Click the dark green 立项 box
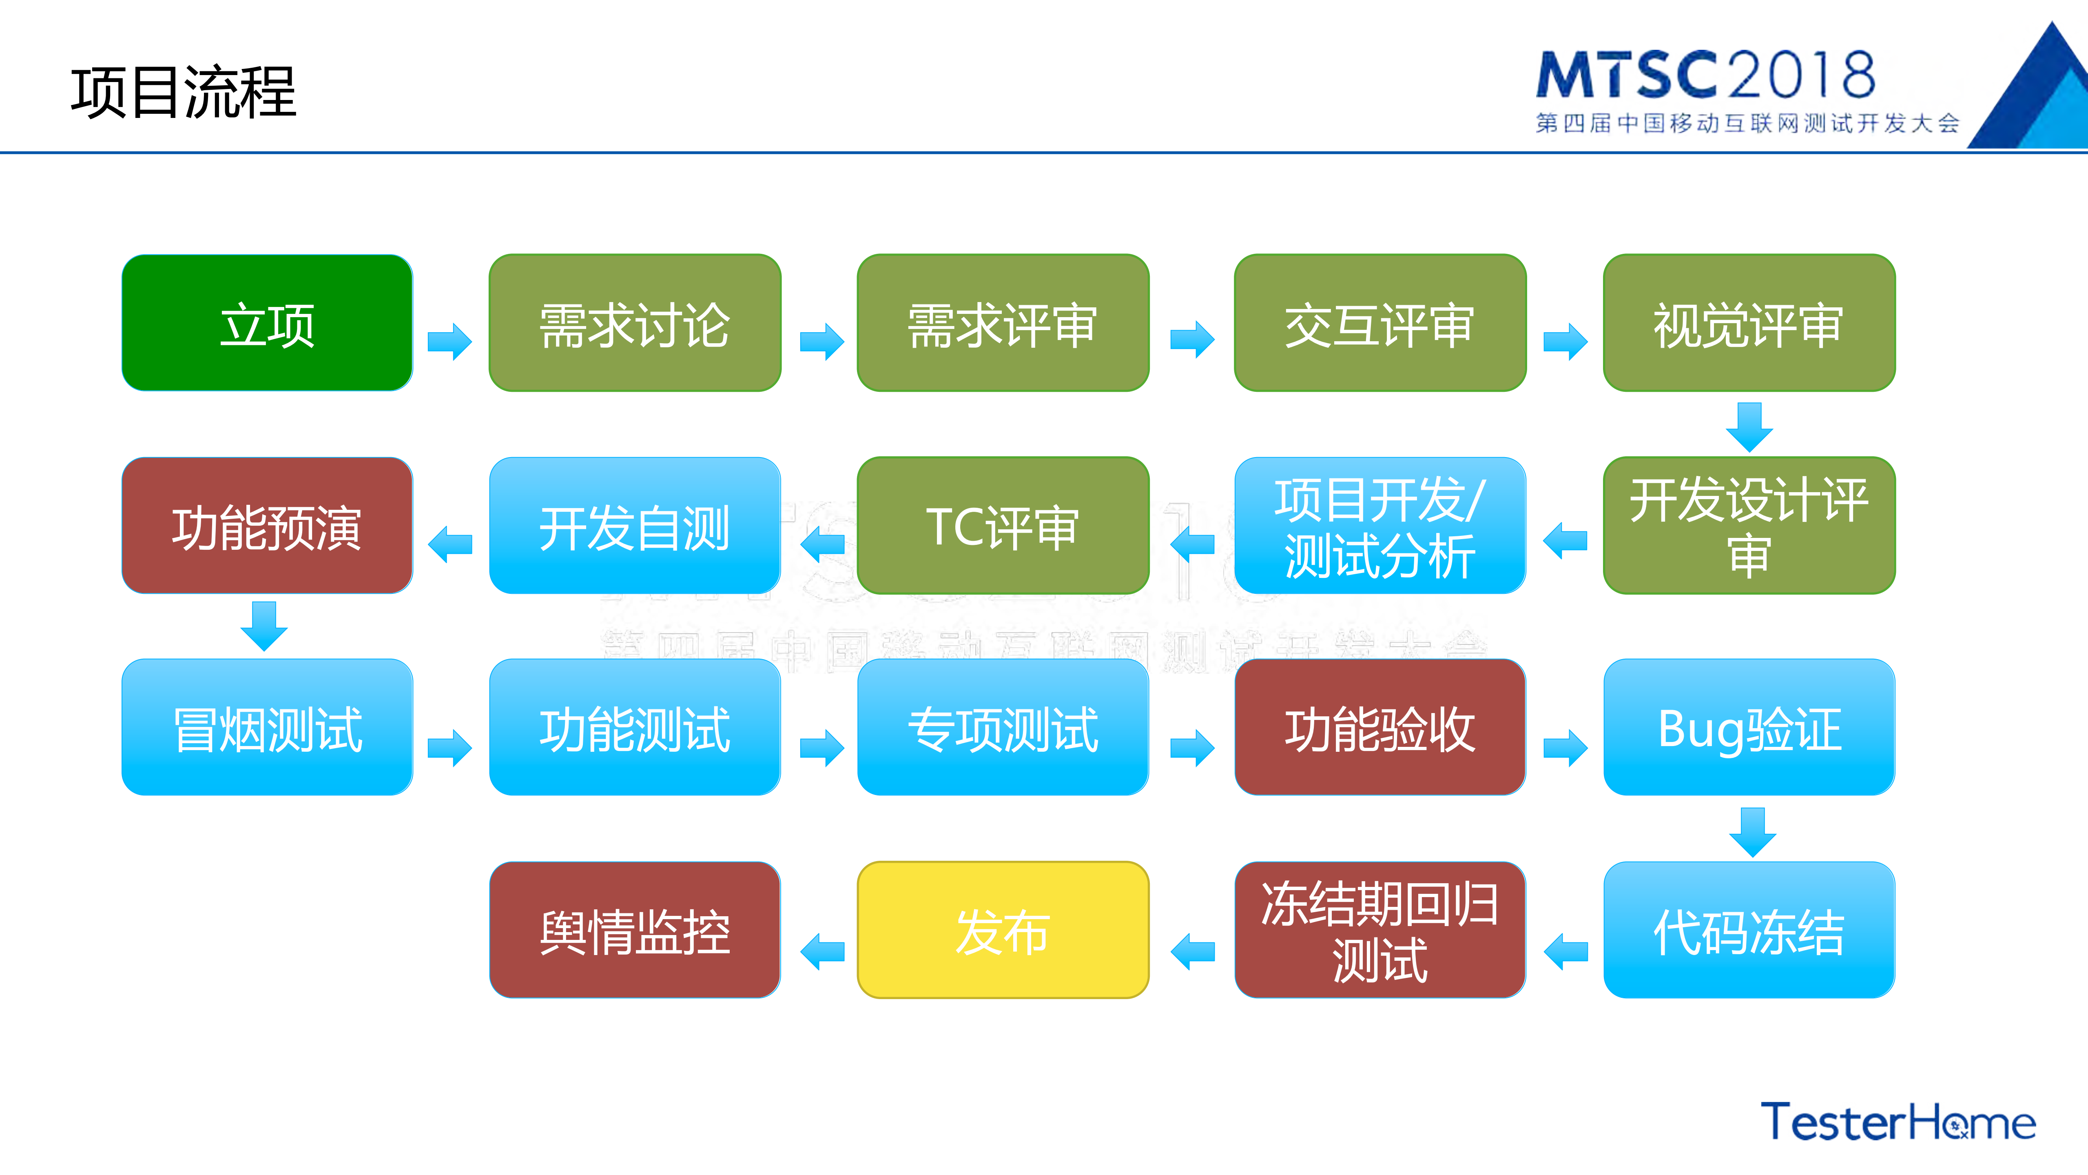(x=267, y=323)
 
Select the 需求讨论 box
(x=635, y=323)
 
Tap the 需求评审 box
(x=1003, y=323)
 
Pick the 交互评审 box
(x=1379, y=323)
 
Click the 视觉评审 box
(x=1748, y=323)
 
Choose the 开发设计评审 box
(x=1748, y=526)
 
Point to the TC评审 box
(x=1003, y=526)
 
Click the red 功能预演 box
(x=267, y=526)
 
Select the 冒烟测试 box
(x=267, y=727)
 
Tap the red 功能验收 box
(x=1379, y=727)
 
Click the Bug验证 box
(x=1748, y=727)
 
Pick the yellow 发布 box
(x=1003, y=930)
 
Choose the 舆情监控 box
(x=635, y=930)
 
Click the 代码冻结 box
(x=1748, y=930)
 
